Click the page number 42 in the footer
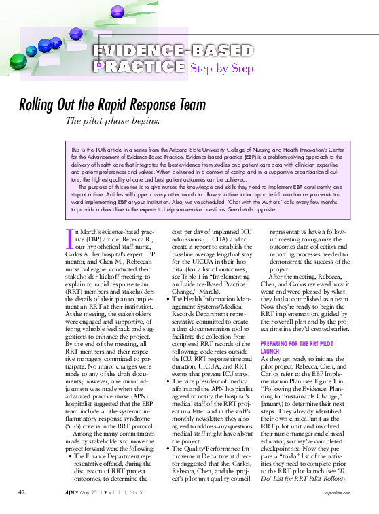[x=22, y=492]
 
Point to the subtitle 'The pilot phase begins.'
[x=122, y=122]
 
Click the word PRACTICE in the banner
[x=139, y=67]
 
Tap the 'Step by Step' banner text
[x=222, y=68]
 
